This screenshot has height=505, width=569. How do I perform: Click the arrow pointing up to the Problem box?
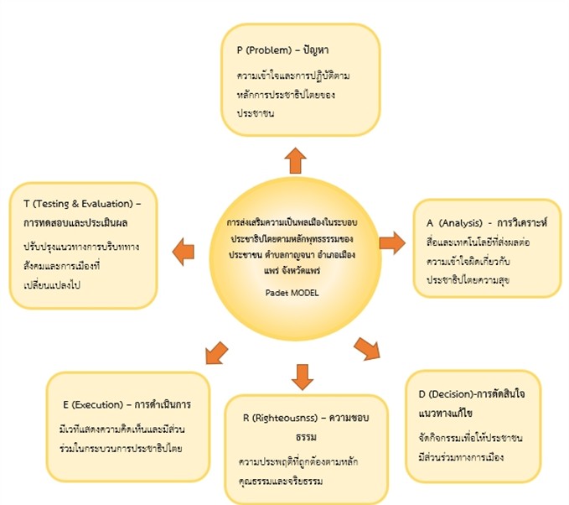point(295,159)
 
